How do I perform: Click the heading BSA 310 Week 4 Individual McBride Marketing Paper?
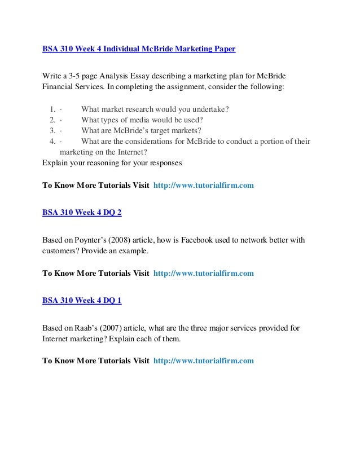point(139,49)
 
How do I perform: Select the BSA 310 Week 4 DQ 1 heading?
point(81,301)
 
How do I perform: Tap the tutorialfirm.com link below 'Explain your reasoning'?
point(203,184)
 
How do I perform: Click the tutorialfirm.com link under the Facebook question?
point(203,274)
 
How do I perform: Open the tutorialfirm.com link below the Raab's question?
point(203,360)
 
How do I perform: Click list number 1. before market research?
point(52,109)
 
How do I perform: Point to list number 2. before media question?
point(52,120)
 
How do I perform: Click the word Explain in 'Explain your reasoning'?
point(56,163)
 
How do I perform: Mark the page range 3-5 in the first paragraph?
point(77,76)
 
